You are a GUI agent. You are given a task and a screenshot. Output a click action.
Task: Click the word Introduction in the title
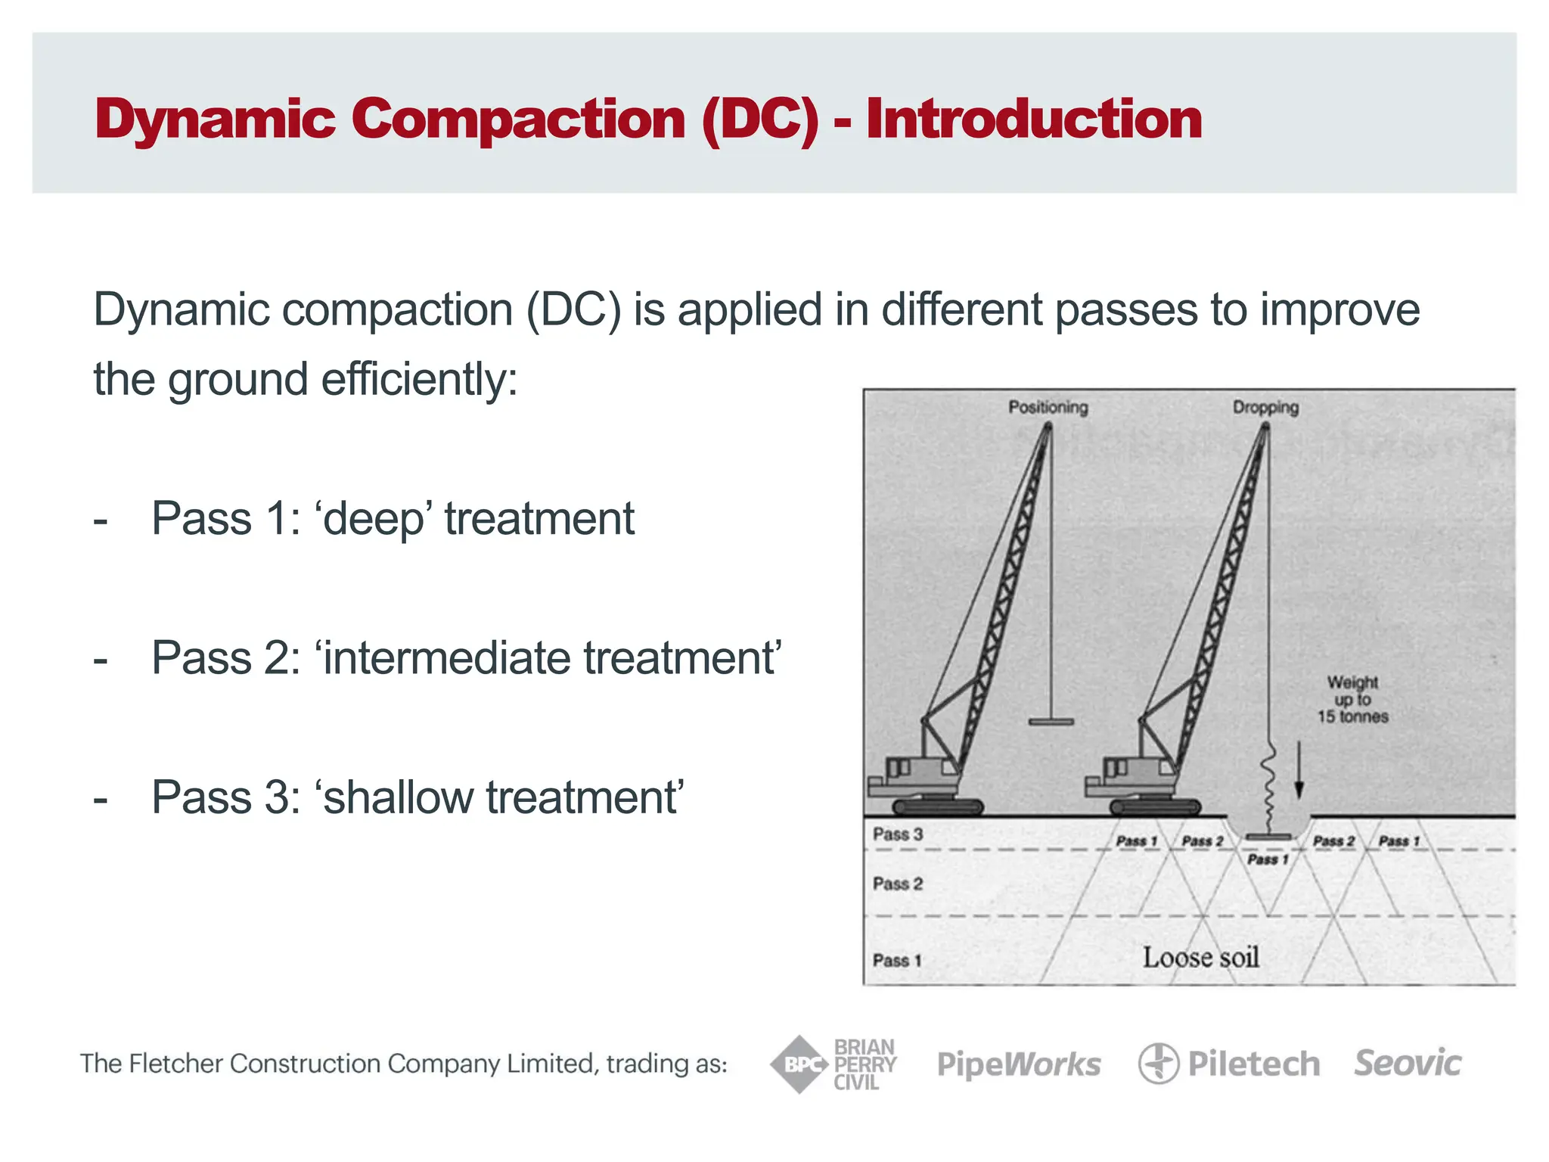(1033, 120)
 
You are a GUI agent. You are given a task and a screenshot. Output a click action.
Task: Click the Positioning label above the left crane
(1048, 407)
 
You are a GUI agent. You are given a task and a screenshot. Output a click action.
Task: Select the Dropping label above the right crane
(1265, 407)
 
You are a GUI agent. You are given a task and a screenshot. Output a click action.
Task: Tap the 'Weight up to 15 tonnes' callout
(1352, 699)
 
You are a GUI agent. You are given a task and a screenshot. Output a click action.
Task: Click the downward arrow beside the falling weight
(1299, 770)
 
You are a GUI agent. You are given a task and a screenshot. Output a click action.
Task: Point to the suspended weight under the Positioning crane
(1051, 722)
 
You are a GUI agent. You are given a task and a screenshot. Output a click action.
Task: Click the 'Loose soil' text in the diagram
(1200, 958)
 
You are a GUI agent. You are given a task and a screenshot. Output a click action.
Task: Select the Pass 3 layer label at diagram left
(898, 834)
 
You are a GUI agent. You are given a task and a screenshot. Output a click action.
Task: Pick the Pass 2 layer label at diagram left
(898, 884)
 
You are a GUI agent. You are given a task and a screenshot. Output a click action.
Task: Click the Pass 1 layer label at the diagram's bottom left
(897, 960)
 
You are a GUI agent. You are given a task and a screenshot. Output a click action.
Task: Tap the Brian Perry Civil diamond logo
(799, 1064)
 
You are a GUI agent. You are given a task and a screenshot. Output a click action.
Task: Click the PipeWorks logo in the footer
(1019, 1064)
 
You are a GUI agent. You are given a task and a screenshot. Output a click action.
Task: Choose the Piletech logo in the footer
(1229, 1064)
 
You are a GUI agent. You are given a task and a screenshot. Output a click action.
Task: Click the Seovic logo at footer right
(1408, 1063)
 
